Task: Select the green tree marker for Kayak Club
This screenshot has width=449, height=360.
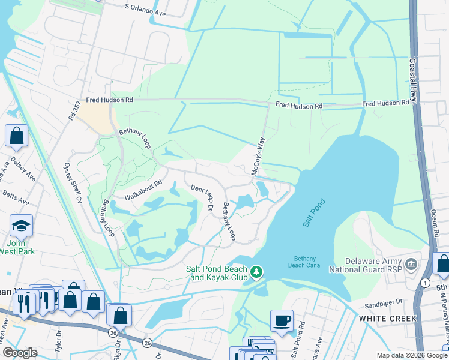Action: coord(256,272)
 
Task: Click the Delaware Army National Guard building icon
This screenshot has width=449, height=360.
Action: coord(411,264)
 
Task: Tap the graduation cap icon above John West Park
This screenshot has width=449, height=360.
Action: coord(21,226)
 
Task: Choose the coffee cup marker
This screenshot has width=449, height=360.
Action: coord(281,320)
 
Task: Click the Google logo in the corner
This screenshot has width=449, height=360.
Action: coord(20,353)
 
